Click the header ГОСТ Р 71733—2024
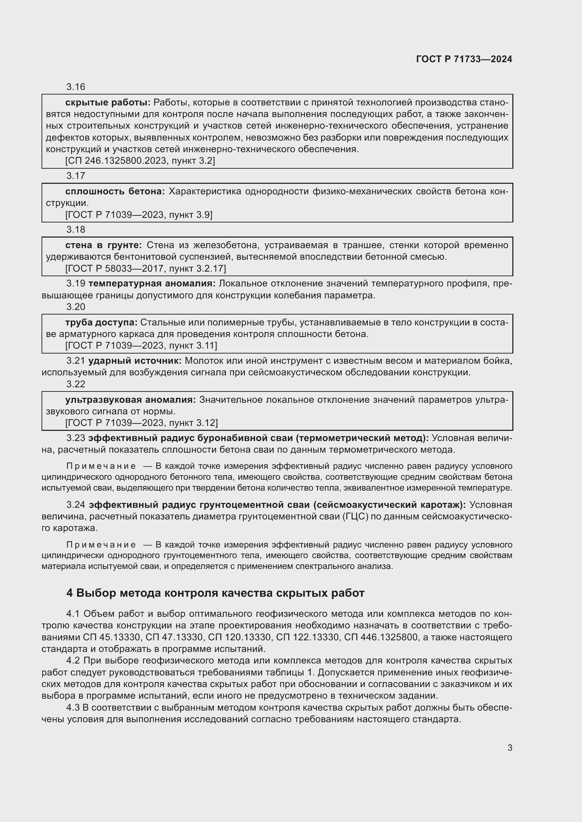click(x=464, y=59)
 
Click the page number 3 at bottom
click(x=510, y=748)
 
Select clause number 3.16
click(x=76, y=87)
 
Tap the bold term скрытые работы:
click(x=108, y=102)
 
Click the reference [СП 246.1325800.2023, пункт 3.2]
click(x=140, y=161)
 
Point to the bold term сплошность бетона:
click(x=115, y=191)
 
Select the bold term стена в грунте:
click(x=103, y=245)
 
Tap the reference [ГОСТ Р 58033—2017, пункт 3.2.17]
click(x=146, y=268)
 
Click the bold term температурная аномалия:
click(x=152, y=284)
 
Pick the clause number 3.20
click(x=76, y=307)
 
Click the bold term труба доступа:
click(x=101, y=322)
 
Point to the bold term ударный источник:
click(x=135, y=361)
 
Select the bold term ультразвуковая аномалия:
click(x=131, y=400)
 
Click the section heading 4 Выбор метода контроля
click(x=215, y=593)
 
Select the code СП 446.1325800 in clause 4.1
click(x=381, y=637)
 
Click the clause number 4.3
click(x=73, y=708)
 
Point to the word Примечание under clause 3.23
click(x=101, y=466)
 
